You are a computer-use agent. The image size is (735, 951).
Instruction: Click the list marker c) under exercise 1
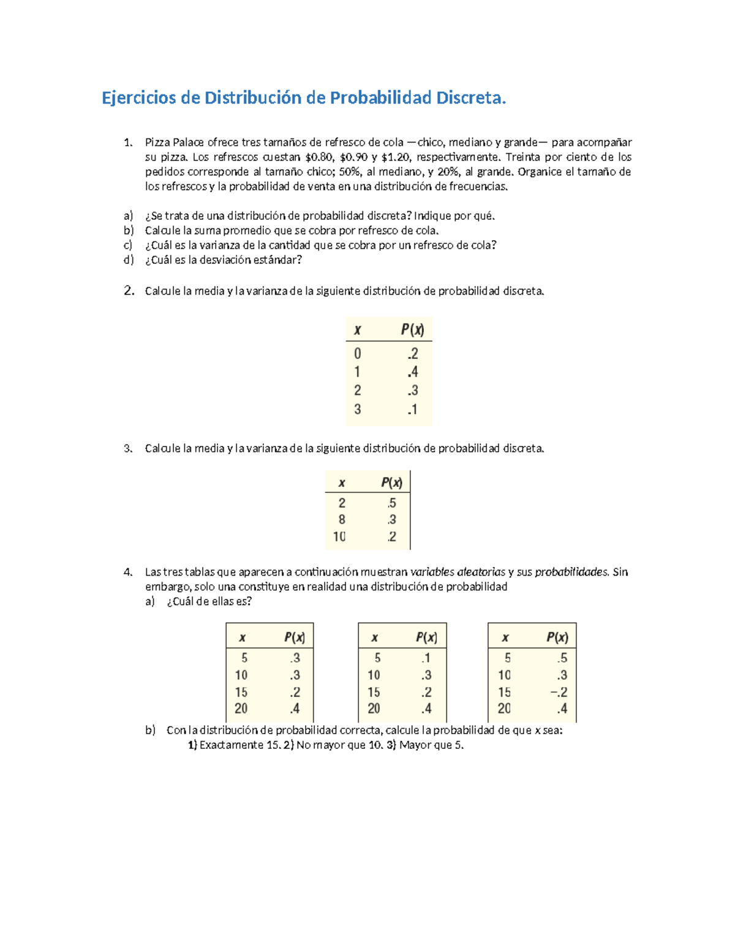coord(128,246)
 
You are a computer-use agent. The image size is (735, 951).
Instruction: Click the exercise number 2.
coord(129,291)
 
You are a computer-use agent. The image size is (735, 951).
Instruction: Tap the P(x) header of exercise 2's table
coord(412,330)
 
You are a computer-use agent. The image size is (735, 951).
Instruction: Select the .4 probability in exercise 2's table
coord(413,372)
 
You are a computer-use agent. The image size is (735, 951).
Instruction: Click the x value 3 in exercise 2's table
coord(358,409)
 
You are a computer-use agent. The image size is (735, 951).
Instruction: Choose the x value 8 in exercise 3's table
coord(342,520)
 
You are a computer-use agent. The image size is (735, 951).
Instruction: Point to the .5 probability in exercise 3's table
coord(391,503)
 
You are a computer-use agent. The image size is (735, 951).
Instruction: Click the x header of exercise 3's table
coord(342,483)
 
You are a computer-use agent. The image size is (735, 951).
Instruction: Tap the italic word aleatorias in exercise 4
coord(458,573)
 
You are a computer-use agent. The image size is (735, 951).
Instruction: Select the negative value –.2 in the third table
coord(559,692)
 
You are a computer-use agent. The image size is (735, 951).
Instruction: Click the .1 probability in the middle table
coord(426,658)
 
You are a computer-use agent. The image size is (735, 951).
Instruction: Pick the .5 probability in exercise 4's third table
coord(562,658)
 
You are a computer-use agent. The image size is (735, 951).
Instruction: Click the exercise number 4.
coord(127,573)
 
